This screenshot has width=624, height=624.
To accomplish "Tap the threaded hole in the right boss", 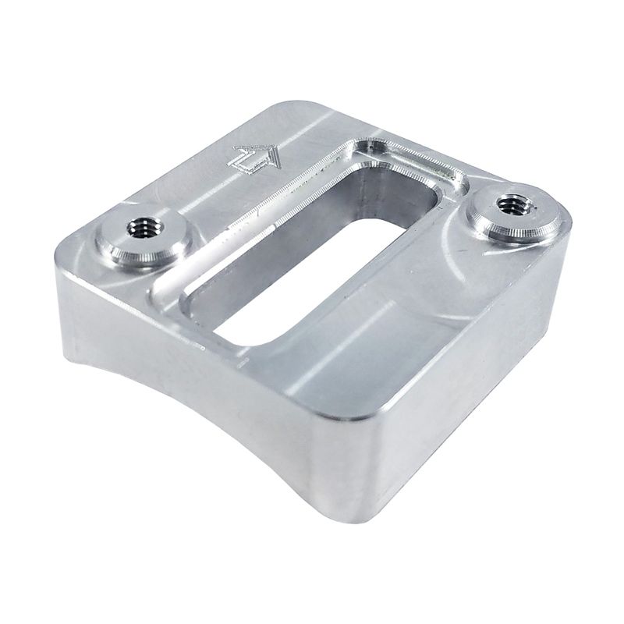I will (x=512, y=204).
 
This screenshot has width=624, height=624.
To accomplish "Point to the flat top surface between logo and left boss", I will (x=187, y=195).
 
